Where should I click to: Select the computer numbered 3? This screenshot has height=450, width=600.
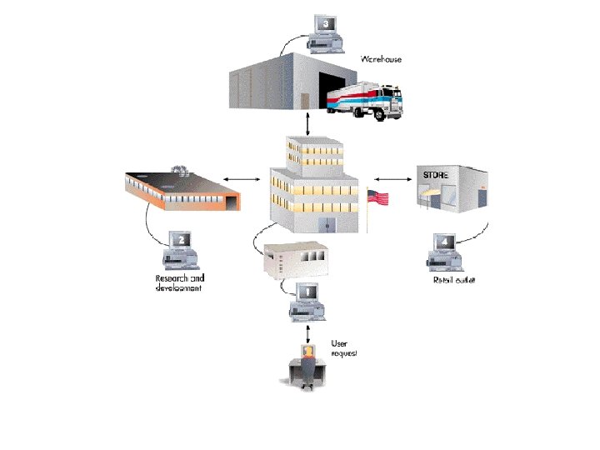[x=326, y=32]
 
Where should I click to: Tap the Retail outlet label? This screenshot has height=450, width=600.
[x=453, y=281]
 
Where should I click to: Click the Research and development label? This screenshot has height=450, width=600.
[x=180, y=283]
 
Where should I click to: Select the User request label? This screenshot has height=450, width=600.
[x=344, y=348]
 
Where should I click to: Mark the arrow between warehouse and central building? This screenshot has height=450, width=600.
[x=310, y=123]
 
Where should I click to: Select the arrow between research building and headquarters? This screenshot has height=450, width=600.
[x=242, y=178]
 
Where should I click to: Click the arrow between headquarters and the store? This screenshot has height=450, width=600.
[x=390, y=177]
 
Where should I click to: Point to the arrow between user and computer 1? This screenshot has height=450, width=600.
[x=309, y=333]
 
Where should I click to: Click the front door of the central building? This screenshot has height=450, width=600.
[x=327, y=224]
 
